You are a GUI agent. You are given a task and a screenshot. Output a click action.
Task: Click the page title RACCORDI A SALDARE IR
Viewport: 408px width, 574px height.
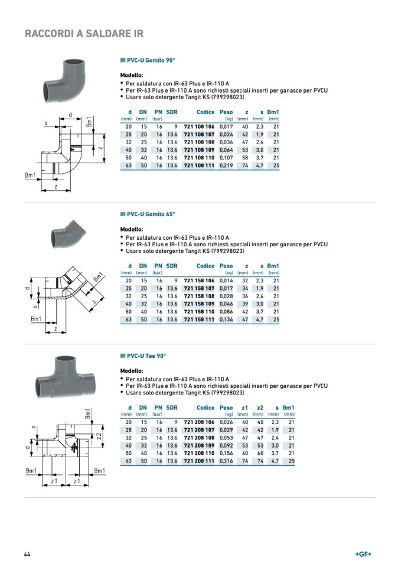point(84,34)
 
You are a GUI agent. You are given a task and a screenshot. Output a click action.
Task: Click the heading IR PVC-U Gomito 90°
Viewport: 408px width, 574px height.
point(148,60)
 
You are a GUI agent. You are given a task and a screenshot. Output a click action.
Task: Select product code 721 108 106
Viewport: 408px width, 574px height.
point(199,126)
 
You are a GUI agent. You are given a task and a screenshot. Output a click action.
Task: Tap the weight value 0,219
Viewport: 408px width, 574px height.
point(226,165)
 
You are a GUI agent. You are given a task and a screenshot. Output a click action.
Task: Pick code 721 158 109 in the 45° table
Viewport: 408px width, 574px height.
point(199,304)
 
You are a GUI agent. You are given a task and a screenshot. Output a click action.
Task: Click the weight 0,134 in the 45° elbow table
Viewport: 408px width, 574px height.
point(226,319)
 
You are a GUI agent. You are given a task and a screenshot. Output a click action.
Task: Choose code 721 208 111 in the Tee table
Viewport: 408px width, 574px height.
point(199,461)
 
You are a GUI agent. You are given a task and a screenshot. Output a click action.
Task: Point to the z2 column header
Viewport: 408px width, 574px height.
point(260,407)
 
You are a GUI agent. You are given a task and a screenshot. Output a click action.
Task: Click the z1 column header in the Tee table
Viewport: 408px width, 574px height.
point(245,407)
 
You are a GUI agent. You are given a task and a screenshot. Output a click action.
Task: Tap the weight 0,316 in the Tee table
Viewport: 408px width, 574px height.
point(226,461)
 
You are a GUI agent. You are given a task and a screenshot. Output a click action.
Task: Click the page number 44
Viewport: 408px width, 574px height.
point(27,554)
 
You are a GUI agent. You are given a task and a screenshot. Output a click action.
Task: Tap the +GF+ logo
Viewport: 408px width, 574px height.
point(363,554)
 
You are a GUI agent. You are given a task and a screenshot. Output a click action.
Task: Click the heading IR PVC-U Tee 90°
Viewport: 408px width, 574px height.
point(143,356)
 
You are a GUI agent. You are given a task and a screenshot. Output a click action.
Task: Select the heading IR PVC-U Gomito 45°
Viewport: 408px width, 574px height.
point(148,214)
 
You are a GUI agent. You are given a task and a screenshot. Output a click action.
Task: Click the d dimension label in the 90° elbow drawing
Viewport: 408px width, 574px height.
point(70,115)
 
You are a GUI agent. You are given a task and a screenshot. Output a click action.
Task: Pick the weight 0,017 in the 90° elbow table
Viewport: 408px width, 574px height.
point(226,126)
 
